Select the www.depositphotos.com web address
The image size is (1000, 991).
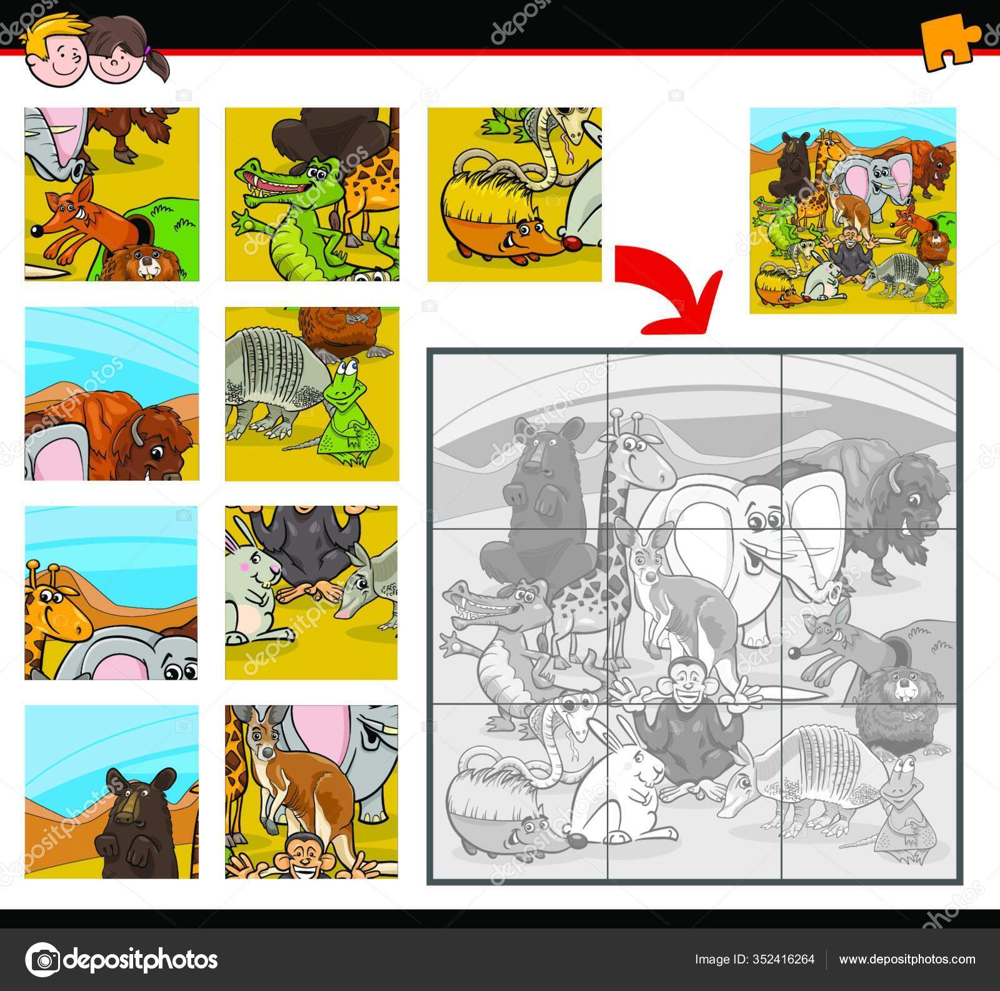(x=907, y=959)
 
